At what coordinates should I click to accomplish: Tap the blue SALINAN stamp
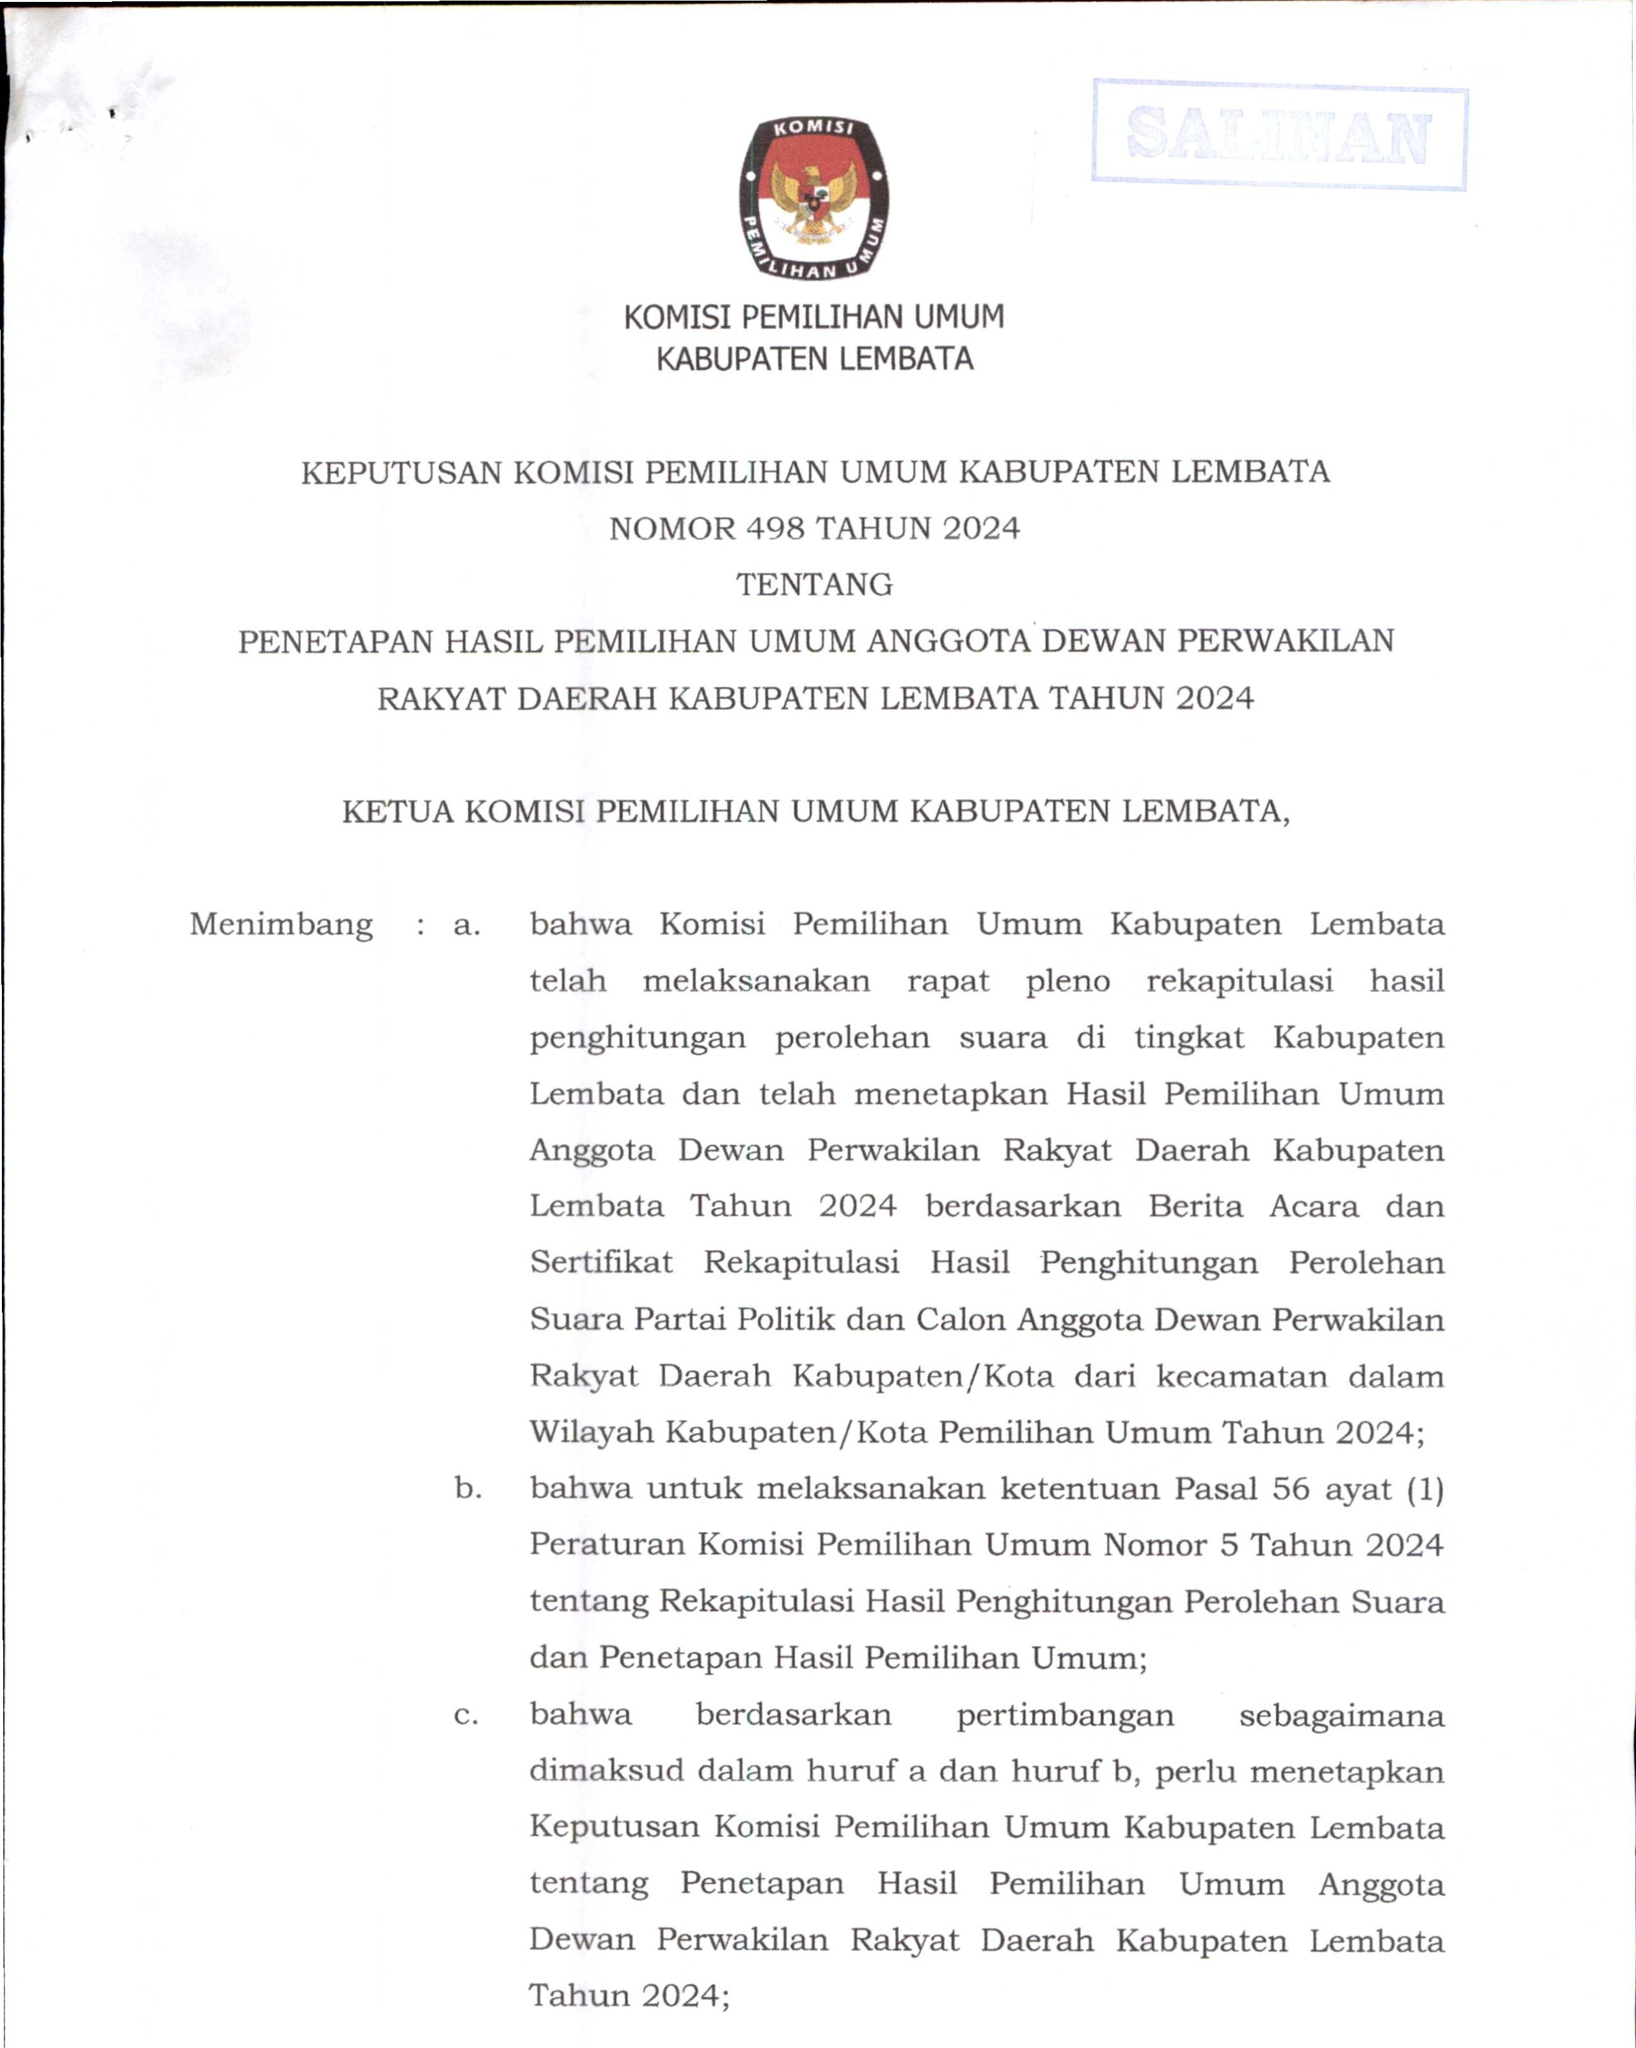pyautogui.click(x=1279, y=136)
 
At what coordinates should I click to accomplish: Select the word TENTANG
pyautogui.click(x=815, y=584)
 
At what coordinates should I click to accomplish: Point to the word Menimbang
pyautogui.click(x=281, y=924)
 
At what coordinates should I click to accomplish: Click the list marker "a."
pyautogui.click(x=466, y=924)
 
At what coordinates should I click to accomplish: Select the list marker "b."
pyautogui.click(x=467, y=1489)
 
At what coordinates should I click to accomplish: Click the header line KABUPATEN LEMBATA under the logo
pyautogui.click(x=815, y=359)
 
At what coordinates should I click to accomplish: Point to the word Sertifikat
pyautogui.click(x=601, y=1263)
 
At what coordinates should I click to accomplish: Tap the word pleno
pyautogui.click(x=1067, y=981)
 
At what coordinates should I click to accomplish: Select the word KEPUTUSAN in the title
pyautogui.click(x=401, y=472)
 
